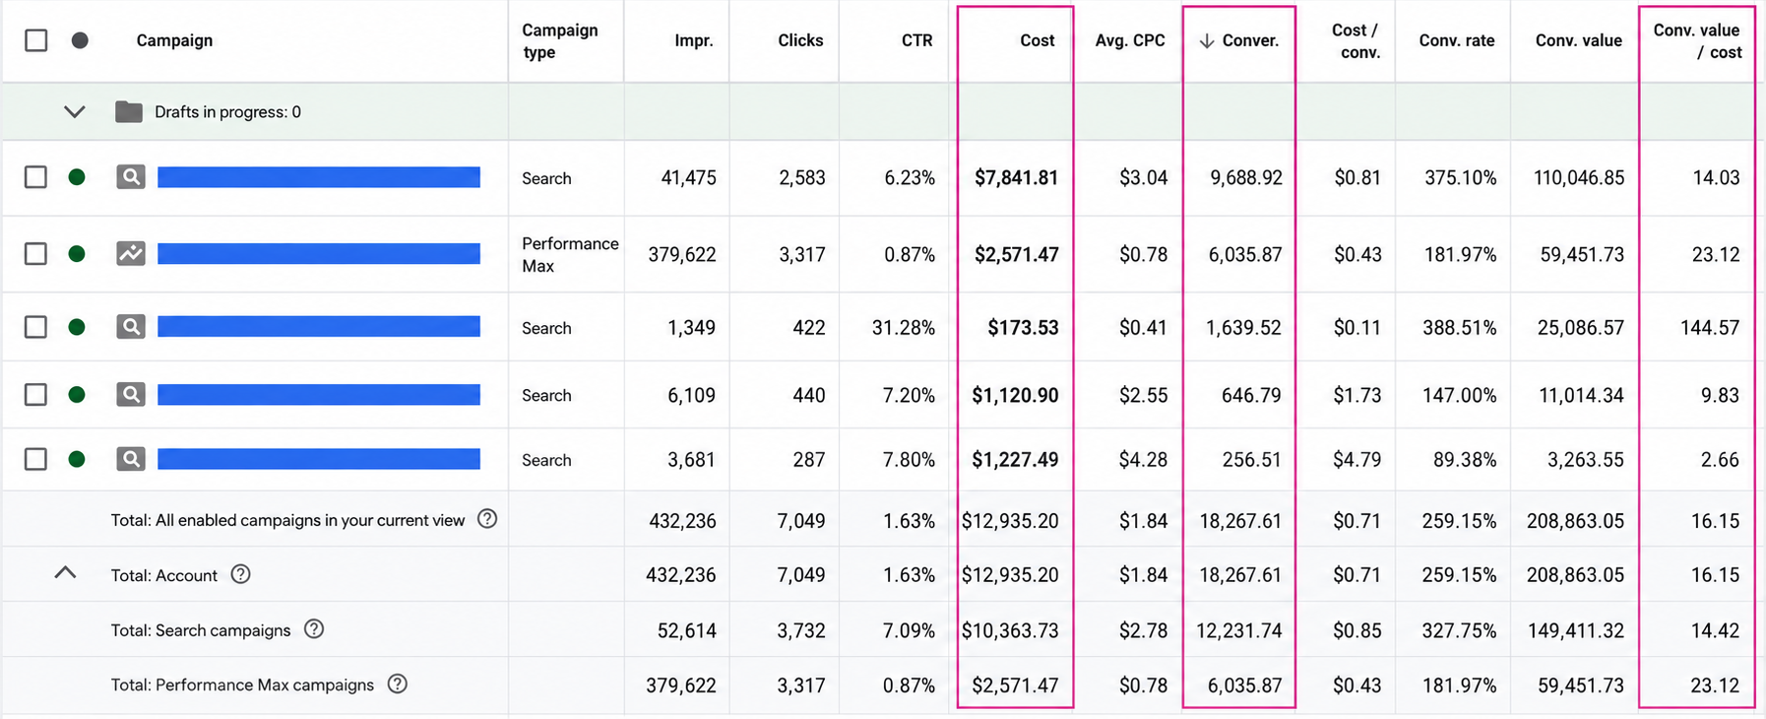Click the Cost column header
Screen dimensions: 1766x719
click(x=1037, y=40)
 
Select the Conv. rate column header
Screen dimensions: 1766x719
click(x=1456, y=40)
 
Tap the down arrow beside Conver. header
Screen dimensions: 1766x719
click(x=1206, y=40)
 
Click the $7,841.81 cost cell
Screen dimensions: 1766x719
click(x=1016, y=177)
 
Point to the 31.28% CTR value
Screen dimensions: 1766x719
click(x=903, y=327)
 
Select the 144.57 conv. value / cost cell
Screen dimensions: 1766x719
click(x=1710, y=327)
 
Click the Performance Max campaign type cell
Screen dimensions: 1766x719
click(x=570, y=254)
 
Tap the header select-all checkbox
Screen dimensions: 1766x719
click(x=36, y=40)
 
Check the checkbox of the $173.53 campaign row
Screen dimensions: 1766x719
click(x=36, y=327)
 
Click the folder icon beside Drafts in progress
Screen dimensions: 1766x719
click(x=129, y=111)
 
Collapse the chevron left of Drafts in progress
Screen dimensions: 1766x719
click(x=74, y=111)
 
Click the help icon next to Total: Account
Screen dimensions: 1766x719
click(x=240, y=574)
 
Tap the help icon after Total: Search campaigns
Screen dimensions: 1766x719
click(x=314, y=629)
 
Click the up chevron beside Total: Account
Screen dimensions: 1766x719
click(x=65, y=572)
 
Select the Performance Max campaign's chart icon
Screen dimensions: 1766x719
click(x=131, y=253)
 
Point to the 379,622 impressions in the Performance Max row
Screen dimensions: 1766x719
click(x=682, y=254)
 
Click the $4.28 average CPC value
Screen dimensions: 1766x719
click(x=1143, y=459)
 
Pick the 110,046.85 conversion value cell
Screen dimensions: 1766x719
click(x=1579, y=177)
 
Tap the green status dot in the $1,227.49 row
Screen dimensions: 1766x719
click(x=77, y=459)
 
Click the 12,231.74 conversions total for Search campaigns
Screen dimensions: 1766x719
click(x=1239, y=630)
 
